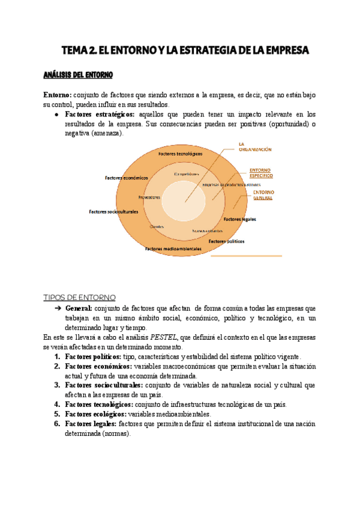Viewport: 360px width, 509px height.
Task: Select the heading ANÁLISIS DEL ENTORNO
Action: tap(78, 76)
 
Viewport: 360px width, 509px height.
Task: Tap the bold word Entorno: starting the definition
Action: tap(58, 95)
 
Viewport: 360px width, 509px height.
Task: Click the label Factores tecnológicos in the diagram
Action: tap(181, 154)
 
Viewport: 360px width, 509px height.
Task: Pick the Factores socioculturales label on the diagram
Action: tap(113, 211)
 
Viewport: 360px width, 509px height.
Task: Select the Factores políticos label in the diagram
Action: tap(226, 241)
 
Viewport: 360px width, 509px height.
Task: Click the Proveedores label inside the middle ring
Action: tap(149, 197)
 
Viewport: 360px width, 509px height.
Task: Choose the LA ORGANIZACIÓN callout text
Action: tap(254, 147)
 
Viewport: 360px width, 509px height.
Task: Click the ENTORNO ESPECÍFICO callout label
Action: tap(260, 172)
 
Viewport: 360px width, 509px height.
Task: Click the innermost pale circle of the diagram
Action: tap(184, 199)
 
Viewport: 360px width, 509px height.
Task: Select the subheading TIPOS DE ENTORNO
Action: tap(80, 298)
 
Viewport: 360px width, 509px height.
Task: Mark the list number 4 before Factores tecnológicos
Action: tap(57, 404)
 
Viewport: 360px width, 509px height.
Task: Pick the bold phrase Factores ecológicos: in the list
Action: tap(96, 414)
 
